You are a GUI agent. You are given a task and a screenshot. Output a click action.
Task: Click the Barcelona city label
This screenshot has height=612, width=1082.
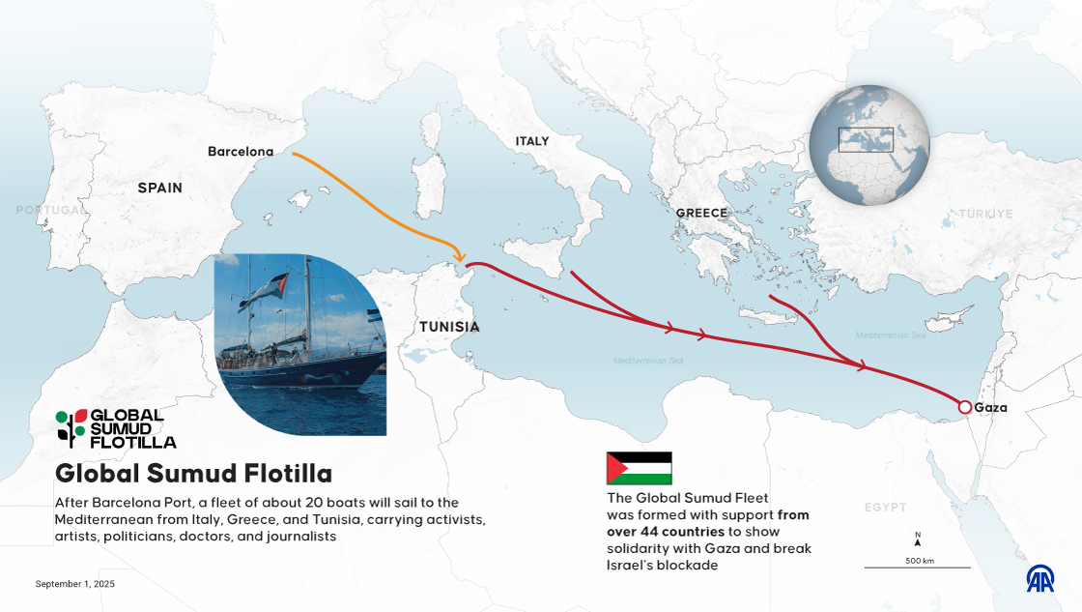pyautogui.click(x=241, y=151)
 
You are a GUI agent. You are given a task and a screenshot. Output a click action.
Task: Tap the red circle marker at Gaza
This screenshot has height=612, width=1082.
pyautogui.click(x=964, y=407)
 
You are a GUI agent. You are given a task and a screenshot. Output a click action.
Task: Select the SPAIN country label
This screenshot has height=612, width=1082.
pyautogui.click(x=159, y=188)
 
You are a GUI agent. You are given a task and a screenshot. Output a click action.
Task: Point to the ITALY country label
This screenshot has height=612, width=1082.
pyautogui.click(x=531, y=141)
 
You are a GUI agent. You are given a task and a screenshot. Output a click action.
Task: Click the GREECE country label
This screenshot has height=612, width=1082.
pyautogui.click(x=701, y=213)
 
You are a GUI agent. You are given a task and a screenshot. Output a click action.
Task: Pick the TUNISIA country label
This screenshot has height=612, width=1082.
pyautogui.click(x=449, y=327)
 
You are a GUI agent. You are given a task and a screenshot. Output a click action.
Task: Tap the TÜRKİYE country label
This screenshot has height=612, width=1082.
pyautogui.click(x=985, y=214)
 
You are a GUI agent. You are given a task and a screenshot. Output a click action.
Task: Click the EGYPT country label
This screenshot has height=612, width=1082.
pyautogui.click(x=886, y=507)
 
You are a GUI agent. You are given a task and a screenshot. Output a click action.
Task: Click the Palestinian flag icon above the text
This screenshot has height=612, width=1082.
pyautogui.click(x=639, y=468)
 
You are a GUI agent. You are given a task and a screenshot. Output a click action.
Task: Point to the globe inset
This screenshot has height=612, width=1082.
pyautogui.click(x=868, y=145)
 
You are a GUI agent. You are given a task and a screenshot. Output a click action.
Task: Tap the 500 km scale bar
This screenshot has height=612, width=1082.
pyautogui.click(x=917, y=567)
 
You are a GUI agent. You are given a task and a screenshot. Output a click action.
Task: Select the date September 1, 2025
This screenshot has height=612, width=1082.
pyautogui.click(x=75, y=584)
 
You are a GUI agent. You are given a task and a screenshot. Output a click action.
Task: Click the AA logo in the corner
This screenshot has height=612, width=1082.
pyautogui.click(x=1039, y=578)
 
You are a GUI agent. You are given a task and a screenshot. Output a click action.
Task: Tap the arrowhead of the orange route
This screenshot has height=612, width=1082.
pyautogui.click(x=457, y=254)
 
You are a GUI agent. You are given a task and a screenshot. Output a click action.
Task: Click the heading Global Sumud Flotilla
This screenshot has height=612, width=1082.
pyautogui.click(x=193, y=474)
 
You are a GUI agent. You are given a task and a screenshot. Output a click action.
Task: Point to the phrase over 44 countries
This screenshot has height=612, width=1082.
pyautogui.click(x=666, y=532)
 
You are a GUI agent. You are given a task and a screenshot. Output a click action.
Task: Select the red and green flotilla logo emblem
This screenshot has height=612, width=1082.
pyautogui.click(x=71, y=426)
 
